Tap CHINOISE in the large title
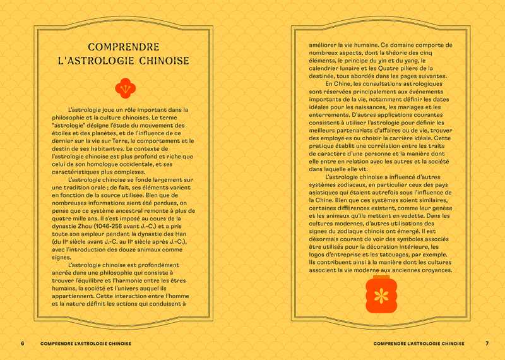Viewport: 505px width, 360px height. (164, 63)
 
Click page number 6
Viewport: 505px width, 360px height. (22, 344)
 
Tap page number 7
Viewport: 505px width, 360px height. (487, 344)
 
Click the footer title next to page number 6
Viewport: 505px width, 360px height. (85, 344)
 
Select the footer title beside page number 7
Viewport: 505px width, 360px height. (419, 344)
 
